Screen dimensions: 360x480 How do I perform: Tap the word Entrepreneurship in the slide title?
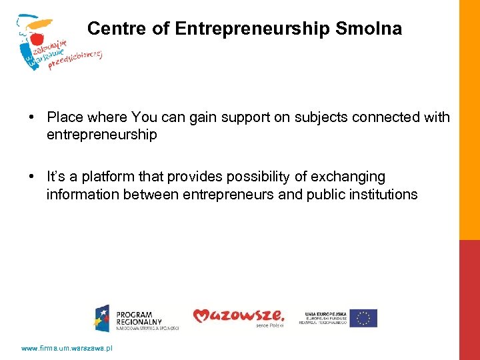click(253, 29)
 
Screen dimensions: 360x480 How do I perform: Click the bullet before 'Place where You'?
click(32, 118)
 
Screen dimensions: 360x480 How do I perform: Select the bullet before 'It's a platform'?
click(32, 177)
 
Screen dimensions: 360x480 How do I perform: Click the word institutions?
click(379, 195)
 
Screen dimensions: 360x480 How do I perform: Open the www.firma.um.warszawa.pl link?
click(67, 348)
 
